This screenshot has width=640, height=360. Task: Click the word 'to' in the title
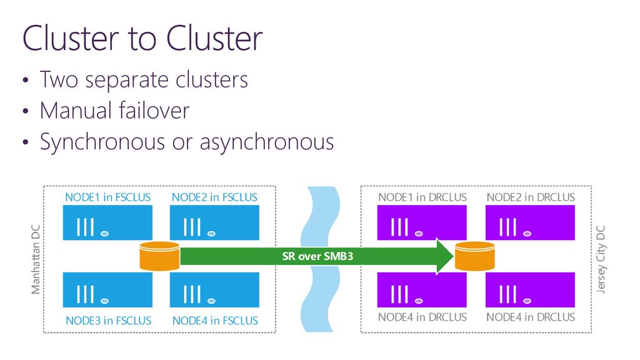pos(142,39)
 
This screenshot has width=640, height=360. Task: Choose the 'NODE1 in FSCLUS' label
pos(107,197)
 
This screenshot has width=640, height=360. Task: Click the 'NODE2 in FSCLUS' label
pos(214,197)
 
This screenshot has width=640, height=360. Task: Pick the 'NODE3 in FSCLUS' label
pos(108,321)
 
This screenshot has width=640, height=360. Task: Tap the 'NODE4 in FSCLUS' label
pos(215,321)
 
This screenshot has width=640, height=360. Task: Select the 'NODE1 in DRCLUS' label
pos(422,197)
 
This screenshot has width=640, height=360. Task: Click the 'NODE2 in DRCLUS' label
pos(531,197)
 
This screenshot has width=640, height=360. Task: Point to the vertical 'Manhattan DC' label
pos(36,259)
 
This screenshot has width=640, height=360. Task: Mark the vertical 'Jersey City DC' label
pos(601,259)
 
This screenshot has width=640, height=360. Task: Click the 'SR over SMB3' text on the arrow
pos(317,256)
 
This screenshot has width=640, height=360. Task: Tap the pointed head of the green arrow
pos(453,256)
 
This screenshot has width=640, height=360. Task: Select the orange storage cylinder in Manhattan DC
pos(159,256)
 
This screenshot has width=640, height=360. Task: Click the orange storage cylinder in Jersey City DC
pos(475,256)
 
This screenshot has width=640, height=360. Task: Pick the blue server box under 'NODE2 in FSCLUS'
pos(214,222)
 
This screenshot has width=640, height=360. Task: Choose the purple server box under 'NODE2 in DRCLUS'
pos(530,222)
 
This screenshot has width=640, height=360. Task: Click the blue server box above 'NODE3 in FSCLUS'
pos(107,290)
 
